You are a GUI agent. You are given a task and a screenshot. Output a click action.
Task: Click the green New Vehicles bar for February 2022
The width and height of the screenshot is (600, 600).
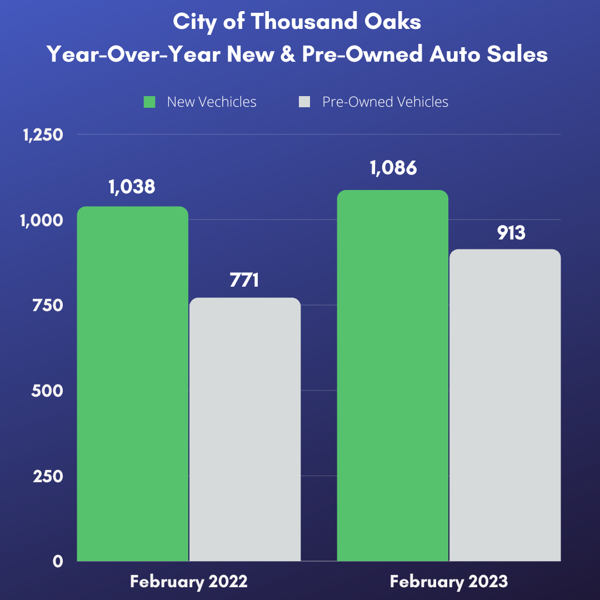pyautogui.click(x=132, y=383)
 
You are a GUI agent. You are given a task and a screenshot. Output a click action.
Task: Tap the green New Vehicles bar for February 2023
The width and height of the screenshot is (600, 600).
pyautogui.click(x=393, y=376)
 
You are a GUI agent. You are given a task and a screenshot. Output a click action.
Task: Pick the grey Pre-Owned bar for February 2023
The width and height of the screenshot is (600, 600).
pyautogui.click(x=505, y=405)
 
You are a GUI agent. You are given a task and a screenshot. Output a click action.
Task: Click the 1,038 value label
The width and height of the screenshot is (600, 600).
pyautogui.click(x=132, y=187)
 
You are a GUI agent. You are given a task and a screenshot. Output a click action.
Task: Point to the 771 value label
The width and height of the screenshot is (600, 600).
pyautogui.click(x=244, y=280)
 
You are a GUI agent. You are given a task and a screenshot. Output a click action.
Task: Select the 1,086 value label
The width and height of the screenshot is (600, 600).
pyautogui.click(x=393, y=168)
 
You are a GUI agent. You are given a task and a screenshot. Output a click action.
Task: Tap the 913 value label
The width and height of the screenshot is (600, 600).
pyautogui.click(x=511, y=233)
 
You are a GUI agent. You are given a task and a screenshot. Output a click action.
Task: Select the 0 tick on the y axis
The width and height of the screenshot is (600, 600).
pyautogui.click(x=57, y=561)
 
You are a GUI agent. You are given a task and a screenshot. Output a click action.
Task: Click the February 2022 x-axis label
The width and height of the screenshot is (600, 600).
pyautogui.click(x=189, y=582)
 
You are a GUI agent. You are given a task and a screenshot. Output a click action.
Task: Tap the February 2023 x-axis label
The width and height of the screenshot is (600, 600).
pyautogui.click(x=449, y=582)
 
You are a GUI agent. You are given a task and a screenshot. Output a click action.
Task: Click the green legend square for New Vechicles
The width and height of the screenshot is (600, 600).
pyautogui.click(x=149, y=102)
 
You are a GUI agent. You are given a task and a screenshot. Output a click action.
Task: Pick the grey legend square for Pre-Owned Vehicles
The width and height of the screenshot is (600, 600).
pyautogui.click(x=304, y=102)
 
